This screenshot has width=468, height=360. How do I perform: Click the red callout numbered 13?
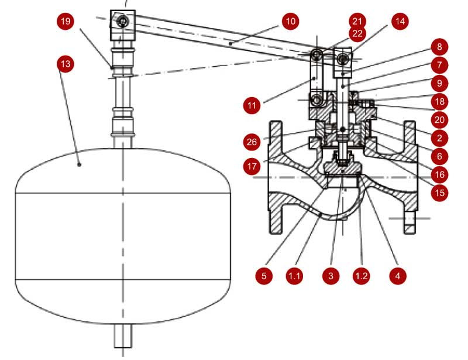[x=65, y=64]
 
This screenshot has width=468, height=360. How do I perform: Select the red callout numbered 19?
[x=66, y=21]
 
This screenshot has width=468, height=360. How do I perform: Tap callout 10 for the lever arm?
[x=290, y=22]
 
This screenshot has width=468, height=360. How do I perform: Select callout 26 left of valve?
[x=252, y=142]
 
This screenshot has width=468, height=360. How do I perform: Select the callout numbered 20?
[x=439, y=119]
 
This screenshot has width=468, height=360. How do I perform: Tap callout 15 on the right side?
[x=439, y=193]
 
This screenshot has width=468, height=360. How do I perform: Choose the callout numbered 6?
[x=439, y=156]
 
